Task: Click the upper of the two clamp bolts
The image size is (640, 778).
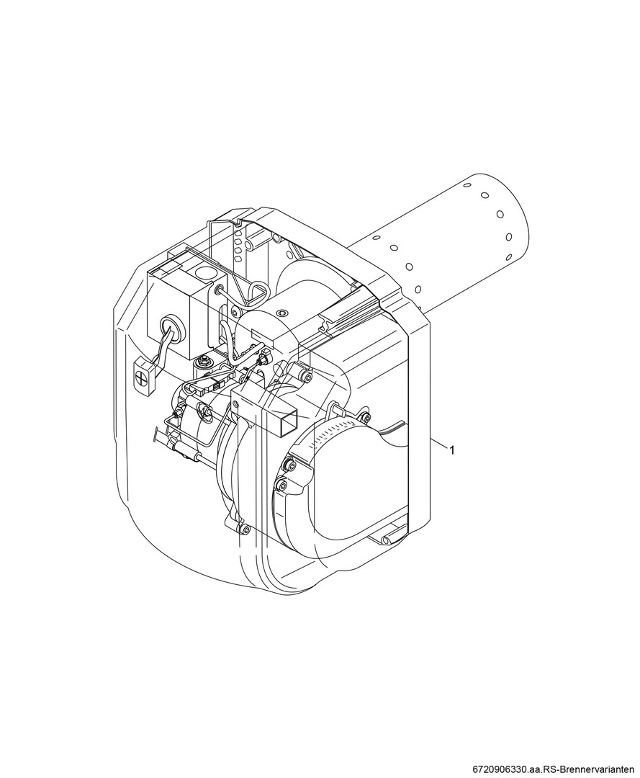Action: click(287, 464)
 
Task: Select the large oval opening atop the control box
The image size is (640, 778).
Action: click(206, 273)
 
